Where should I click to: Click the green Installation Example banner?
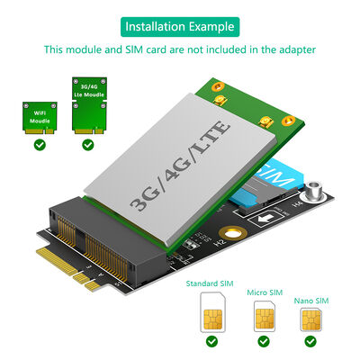coord(180,25)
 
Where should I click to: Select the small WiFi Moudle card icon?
coord(38,115)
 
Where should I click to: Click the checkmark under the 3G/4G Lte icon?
coord(87,144)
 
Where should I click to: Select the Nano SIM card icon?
coord(310,320)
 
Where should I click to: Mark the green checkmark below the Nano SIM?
coord(310,341)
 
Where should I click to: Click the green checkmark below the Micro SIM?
coord(264,341)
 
